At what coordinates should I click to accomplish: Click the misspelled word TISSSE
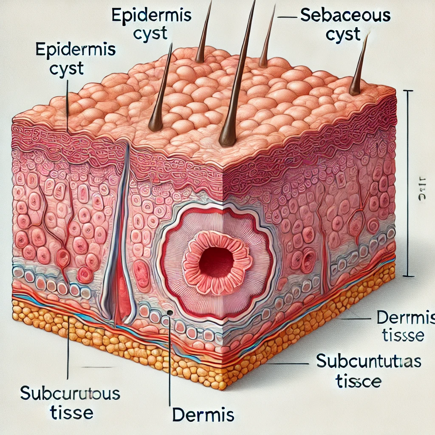point(399,336)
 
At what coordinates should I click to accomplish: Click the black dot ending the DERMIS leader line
point(169,313)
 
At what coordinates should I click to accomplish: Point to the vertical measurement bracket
point(408,183)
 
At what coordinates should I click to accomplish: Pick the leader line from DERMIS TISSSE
point(357,318)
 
